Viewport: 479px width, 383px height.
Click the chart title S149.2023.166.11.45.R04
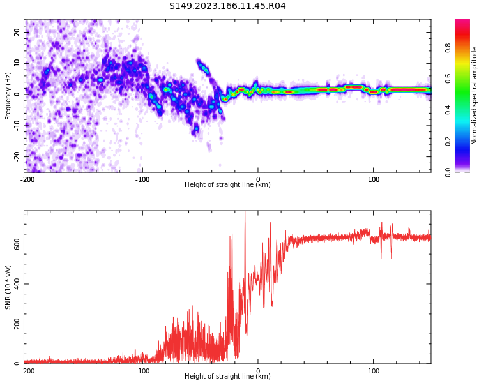(227, 6)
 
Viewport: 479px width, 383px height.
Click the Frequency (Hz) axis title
(8, 96)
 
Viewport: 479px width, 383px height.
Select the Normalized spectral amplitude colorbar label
(475, 96)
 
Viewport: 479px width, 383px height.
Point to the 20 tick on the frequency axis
(17, 32)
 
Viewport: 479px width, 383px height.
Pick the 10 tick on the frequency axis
(17, 63)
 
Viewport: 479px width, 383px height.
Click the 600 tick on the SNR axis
(16, 244)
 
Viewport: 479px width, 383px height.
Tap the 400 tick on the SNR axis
(16, 284)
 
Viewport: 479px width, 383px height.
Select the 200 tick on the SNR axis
(16, 324)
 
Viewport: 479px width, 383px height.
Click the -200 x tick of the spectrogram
(27, 179)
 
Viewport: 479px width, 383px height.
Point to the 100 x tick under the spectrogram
(374, 179)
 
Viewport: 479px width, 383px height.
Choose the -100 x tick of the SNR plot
(142, 371)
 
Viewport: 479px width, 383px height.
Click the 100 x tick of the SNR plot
(374, 371)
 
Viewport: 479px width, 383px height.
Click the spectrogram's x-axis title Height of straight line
(227, 185)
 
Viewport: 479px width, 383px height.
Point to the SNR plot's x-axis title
(227, 377)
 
